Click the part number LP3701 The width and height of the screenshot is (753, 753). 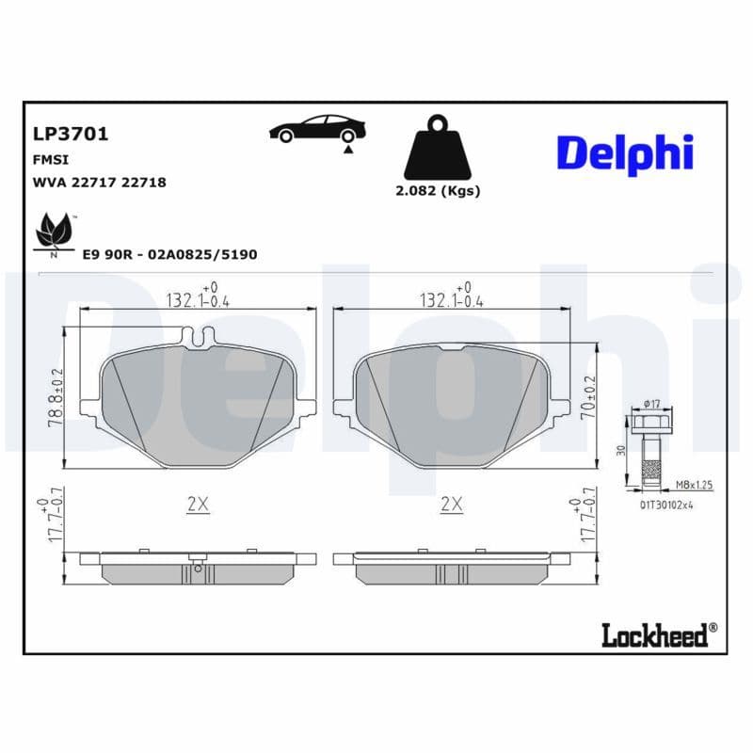pos(71,134)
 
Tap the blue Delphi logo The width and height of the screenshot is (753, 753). pos(624,153)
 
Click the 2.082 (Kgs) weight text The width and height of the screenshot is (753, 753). pos(437,190)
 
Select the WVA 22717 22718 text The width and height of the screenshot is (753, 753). pos(100,183)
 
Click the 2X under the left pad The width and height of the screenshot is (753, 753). pos(198,505)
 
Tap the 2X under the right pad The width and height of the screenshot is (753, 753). pos(452,505)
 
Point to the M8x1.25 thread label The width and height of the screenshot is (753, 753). pos(694,486)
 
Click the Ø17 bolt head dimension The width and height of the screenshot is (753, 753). pos(650,405)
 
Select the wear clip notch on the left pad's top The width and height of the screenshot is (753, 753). pos(199,337)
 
